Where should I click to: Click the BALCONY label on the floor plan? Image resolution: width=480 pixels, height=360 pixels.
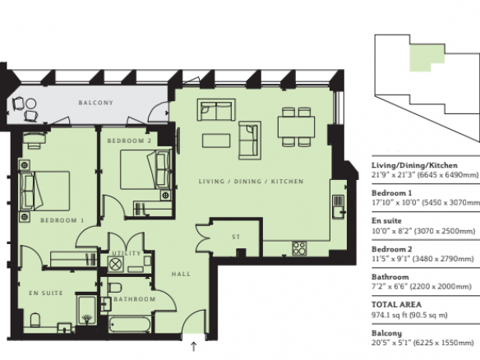point(96,103)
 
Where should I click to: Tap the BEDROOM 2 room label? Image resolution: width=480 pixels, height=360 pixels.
point(129,141)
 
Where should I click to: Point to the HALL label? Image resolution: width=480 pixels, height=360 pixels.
point(181,274)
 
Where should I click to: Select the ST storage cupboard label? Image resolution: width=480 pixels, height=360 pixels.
point(236,237)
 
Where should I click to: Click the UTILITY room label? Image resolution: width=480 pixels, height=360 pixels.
point(127,253)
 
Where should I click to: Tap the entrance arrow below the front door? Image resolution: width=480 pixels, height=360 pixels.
point(193,347)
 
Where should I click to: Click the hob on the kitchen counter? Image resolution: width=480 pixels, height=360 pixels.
point(299,248)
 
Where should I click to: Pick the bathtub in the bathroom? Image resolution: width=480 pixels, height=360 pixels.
point(130,325)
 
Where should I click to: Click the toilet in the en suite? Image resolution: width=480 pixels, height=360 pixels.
point(35,320)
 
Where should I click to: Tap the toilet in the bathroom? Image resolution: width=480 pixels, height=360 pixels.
point(115,288)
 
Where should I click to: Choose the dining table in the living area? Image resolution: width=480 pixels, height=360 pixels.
point(297,127)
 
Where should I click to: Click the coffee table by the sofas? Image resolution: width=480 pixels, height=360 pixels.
point(216,141)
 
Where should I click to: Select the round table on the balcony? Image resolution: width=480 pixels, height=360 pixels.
point(31,104)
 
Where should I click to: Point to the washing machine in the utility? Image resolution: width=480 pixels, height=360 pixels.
point(116,264)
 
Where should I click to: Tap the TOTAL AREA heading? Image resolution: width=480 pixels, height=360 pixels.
point(396,305)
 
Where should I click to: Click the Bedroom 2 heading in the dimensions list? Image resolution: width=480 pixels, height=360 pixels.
point(391,249)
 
